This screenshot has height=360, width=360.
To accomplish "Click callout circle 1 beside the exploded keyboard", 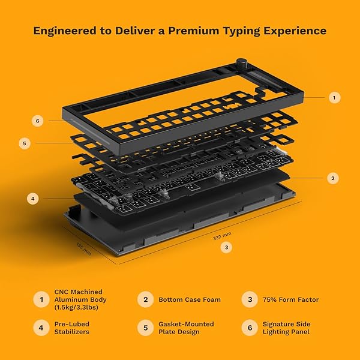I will tap(335, 97).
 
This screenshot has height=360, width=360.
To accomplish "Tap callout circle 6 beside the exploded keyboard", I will tap(37, 121).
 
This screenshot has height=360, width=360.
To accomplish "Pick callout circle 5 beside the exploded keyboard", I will tap(25, 143).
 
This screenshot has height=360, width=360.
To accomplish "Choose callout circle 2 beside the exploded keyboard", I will tap(335, 178).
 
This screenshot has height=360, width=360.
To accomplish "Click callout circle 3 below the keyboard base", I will tap(225, 246).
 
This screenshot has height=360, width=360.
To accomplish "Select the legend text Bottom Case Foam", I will tap(190, 299).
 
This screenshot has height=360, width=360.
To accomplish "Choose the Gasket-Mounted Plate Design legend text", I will tap(185, 328).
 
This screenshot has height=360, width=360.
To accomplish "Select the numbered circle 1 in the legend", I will tap(41, 299).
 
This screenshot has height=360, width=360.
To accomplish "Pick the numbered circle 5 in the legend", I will tap(144, 328).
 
